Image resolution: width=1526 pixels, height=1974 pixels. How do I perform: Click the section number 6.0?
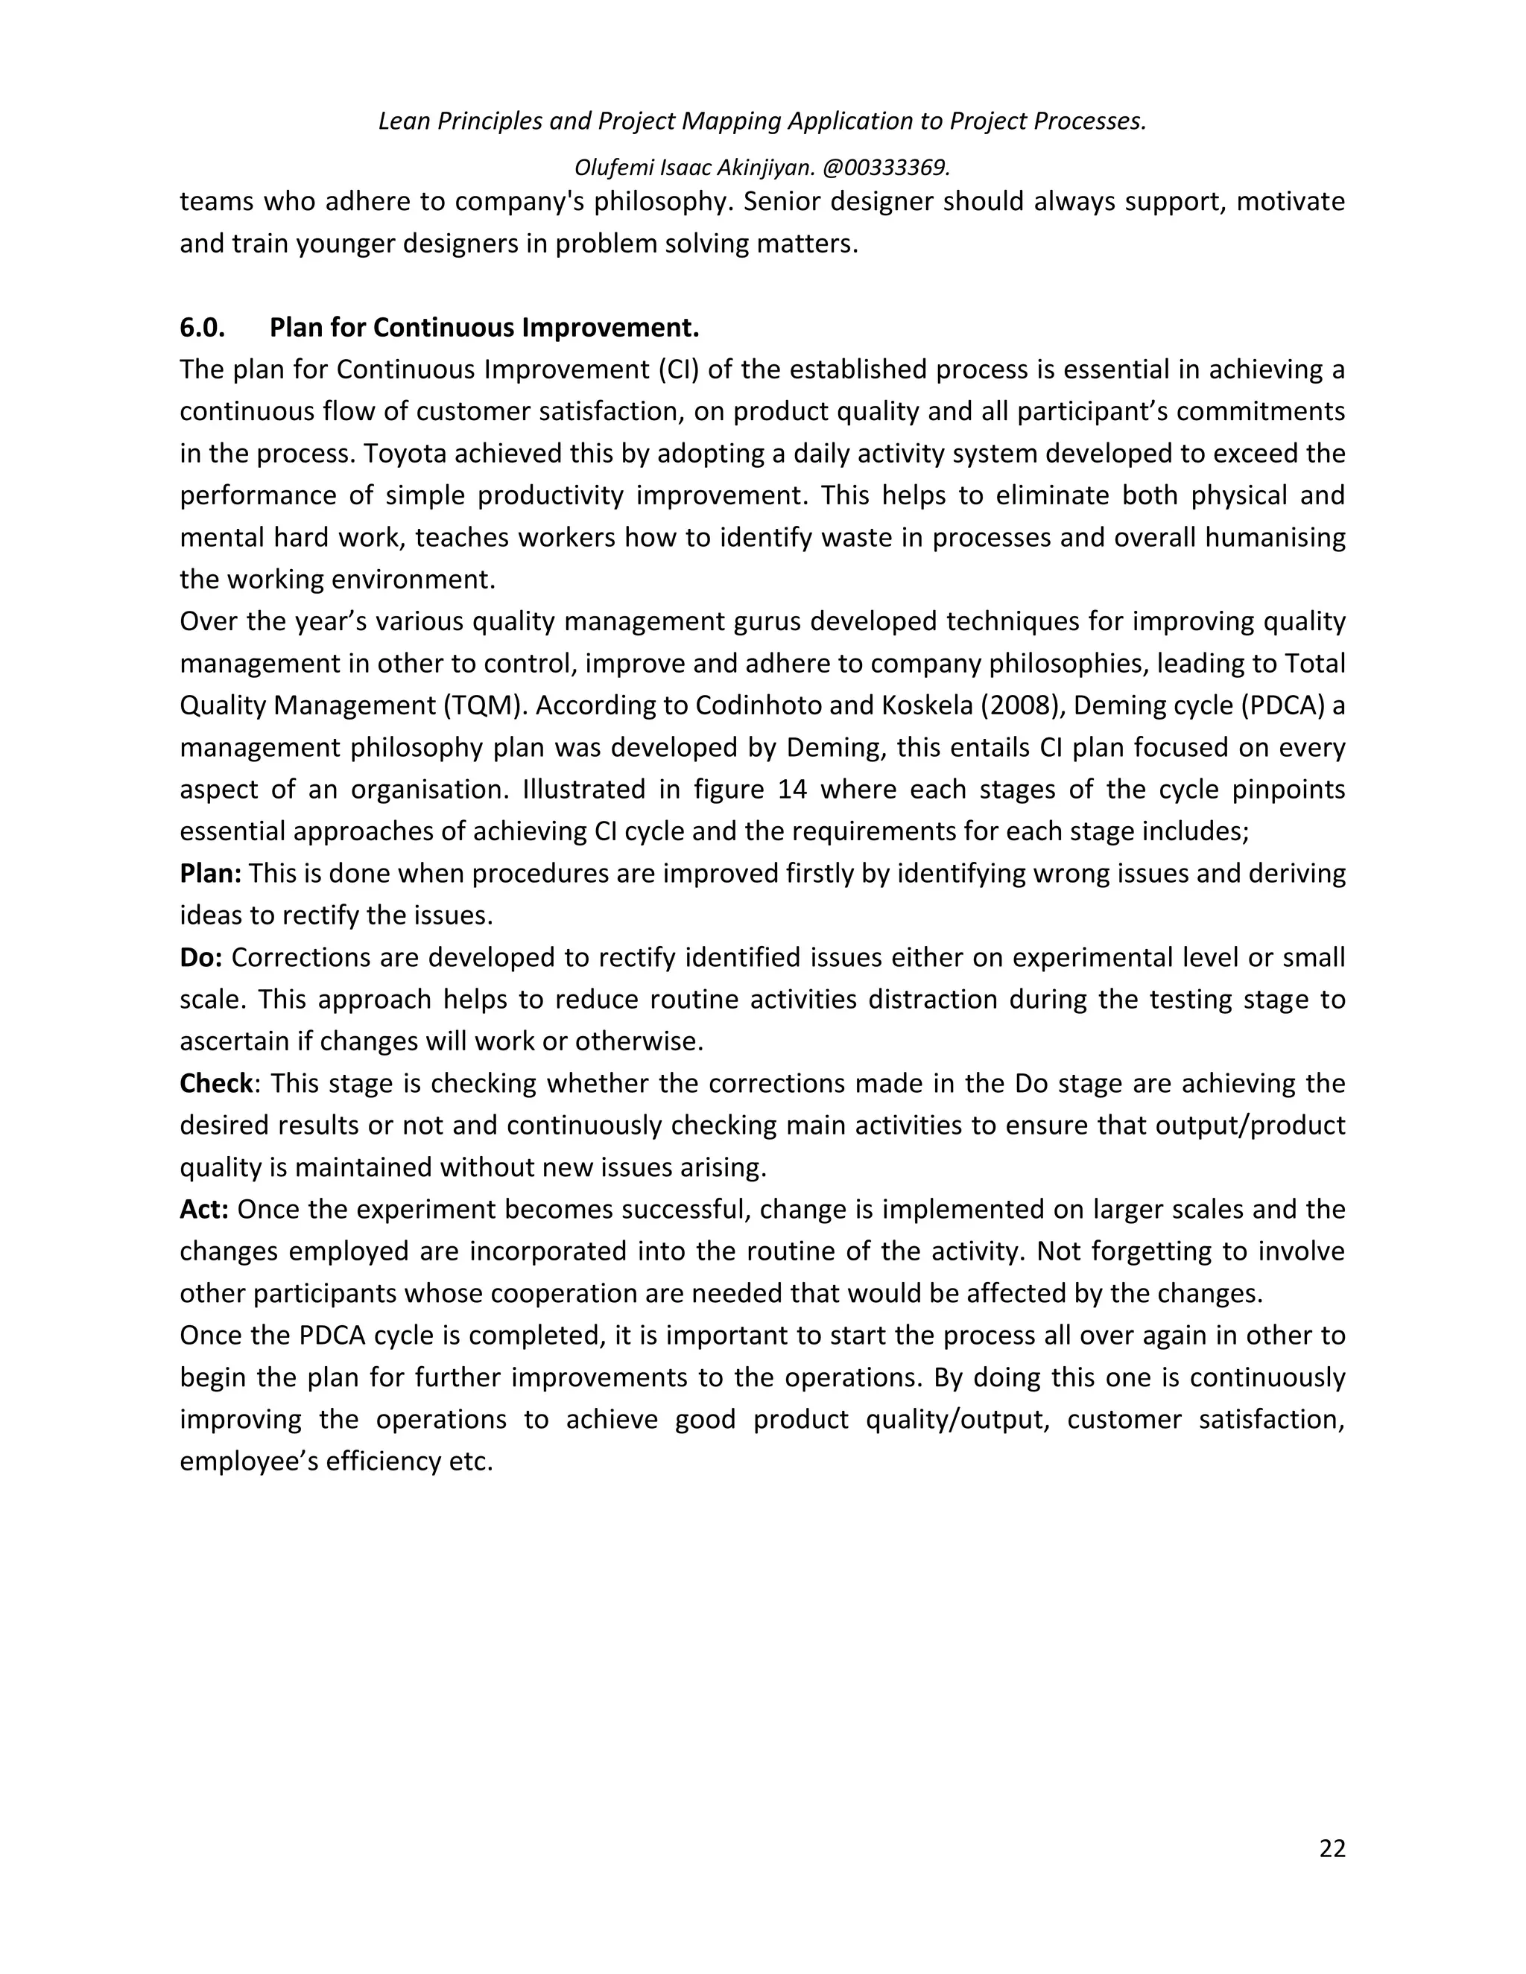point(202,327)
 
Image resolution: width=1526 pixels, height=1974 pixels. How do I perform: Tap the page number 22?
point(1332,1848)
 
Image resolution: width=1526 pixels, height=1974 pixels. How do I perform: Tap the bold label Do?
point(200,957)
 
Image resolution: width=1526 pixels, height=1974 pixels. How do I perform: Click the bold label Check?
point(216,1083)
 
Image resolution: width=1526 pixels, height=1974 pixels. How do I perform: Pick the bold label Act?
point(203,1209)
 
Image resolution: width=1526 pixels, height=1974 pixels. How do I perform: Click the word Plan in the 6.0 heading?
point(295,327)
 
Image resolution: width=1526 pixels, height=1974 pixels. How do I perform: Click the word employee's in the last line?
point(247,1462)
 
